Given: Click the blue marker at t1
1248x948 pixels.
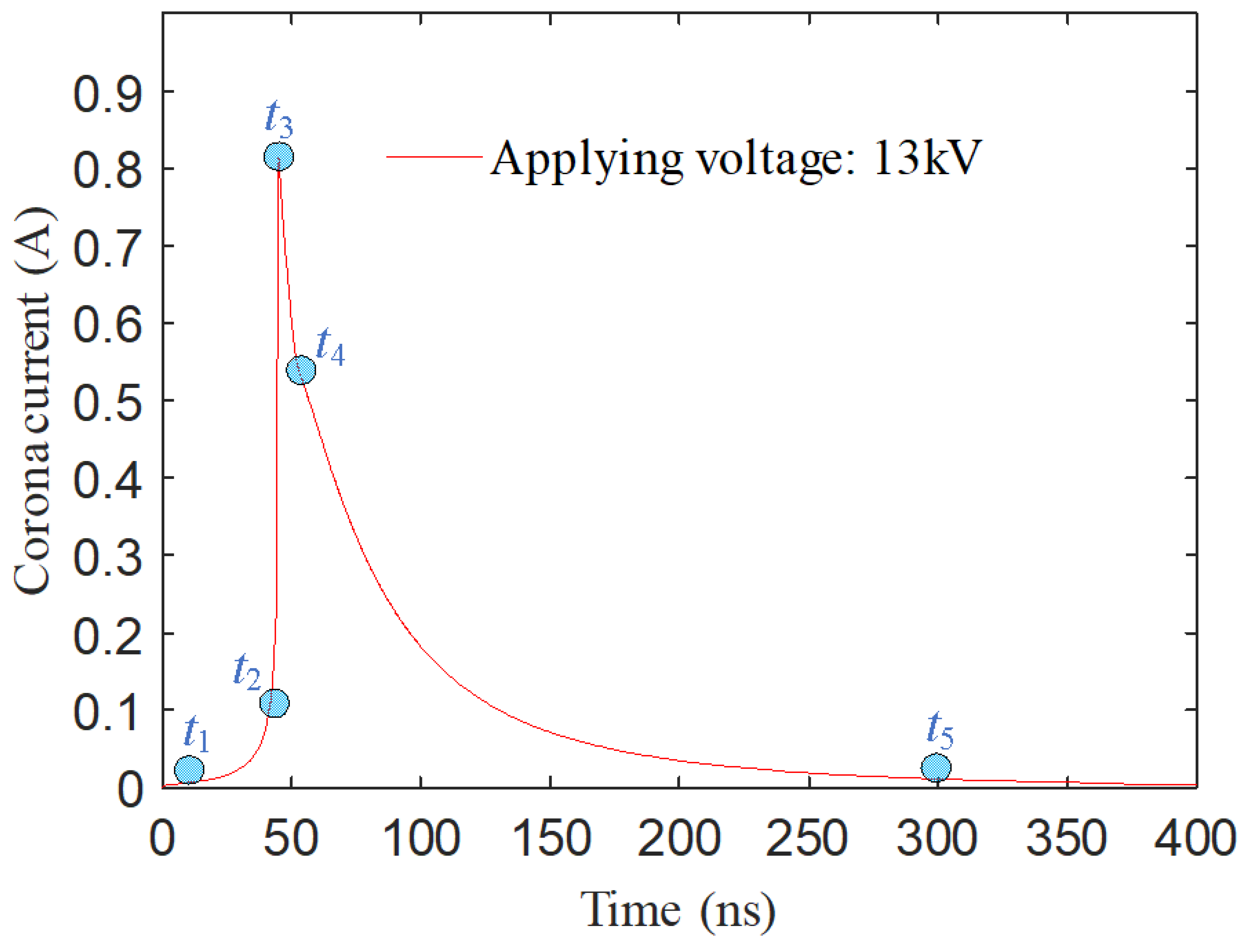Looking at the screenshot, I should pos(189,770).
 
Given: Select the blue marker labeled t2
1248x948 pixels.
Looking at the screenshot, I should pos(274,703).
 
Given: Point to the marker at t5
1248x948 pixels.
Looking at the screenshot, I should pos(936,767).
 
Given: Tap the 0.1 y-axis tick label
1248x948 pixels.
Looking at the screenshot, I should pos(107,712).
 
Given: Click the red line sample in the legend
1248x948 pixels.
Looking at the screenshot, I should pos(435,156).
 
